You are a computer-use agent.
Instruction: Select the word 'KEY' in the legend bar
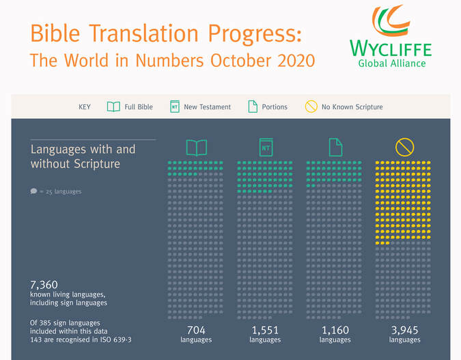pyautogui.click(x=85, y=107)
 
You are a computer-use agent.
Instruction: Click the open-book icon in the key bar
pyautogui.click(x=113, y=107)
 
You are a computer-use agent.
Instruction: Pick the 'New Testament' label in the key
pyautogui.click(x=208, y=107)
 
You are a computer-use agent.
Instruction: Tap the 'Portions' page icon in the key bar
pyautogui.click(x=253, y=107)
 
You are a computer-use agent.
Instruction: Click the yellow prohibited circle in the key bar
pyautogui.click(x=311, y=107)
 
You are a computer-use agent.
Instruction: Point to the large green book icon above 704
pyautogui.click(x=196, y=148)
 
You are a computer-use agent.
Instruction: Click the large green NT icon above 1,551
pyautogui.click(x=265, y=147)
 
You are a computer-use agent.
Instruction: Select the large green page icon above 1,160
pyautogui.click(x=335, y=147)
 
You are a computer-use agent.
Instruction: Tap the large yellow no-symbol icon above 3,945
pyautogui.click(x=404, y=147)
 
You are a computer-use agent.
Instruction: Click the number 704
pyautogui.click(x=196, y=331)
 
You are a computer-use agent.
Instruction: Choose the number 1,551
pyautogui.click(x=265, y=331)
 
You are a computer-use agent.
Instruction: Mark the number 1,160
pyautogui.click(x=335, y=331)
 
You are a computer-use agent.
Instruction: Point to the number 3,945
pyautogui.click(x=404, y=331)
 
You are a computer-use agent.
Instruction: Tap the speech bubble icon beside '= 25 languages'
pyautogui.click(x=33, y=191)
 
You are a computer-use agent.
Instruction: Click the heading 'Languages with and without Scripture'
pyautogui.click(x=83, y=156)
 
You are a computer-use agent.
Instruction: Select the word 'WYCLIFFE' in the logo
pyautogui.click(x=391, y=49)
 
